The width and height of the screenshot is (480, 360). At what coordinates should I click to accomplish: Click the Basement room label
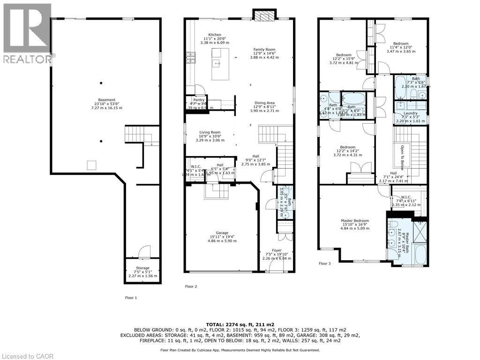pos(105,100)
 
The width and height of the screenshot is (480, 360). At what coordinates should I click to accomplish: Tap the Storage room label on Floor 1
pos(142,268)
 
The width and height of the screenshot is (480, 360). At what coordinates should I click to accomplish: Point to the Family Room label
pos(264,49)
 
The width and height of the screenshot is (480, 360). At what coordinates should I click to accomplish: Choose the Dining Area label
pos(264,103)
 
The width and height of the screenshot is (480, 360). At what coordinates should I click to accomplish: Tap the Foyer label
pos(277,250)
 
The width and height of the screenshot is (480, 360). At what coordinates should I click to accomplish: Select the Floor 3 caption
pos(324,263)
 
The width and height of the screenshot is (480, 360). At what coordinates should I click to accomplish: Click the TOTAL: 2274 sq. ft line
pos(240,324)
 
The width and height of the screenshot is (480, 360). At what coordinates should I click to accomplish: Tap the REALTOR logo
pos(26,33)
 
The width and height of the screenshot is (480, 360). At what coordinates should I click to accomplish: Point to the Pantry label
pos(199,100)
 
